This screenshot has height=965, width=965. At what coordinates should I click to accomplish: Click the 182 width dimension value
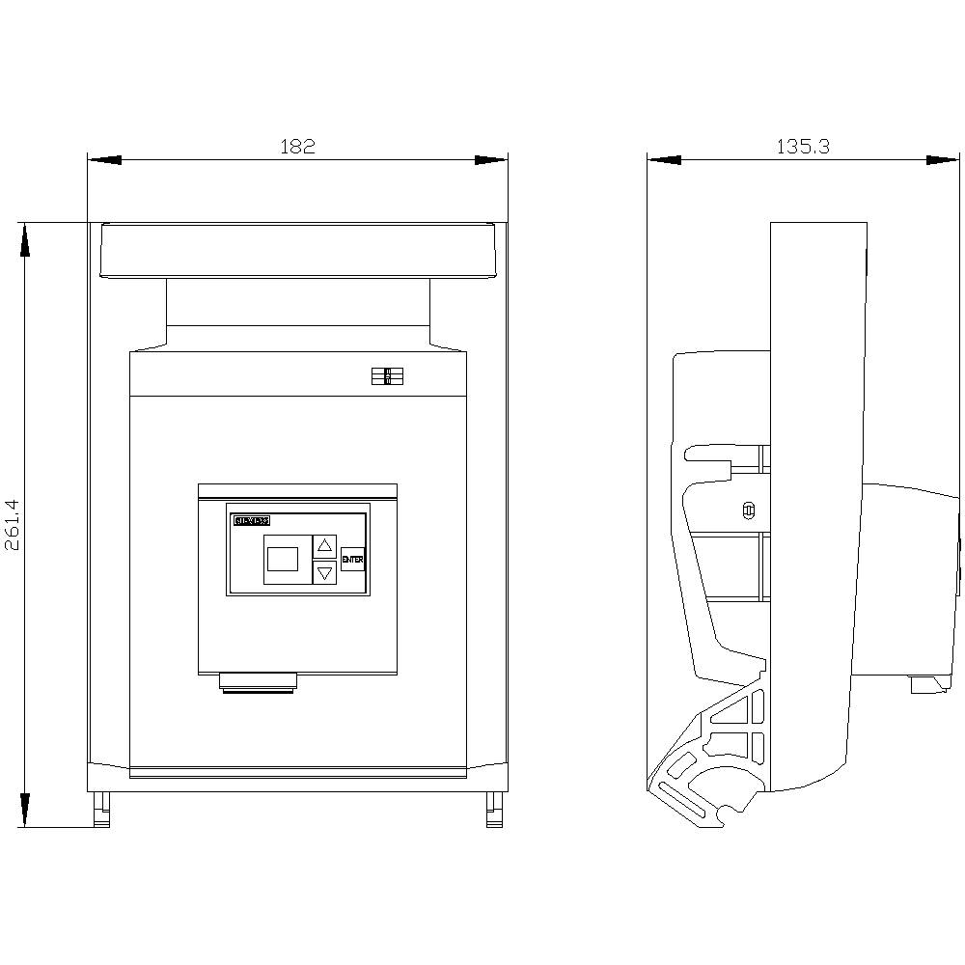click(x=297, y=147)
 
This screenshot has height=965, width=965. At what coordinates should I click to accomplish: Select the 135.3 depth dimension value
click(x=803, y=147)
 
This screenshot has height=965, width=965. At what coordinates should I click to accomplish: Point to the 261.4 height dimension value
click(x=12, y=525)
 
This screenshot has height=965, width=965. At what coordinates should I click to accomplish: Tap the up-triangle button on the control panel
click(x=325, y=544)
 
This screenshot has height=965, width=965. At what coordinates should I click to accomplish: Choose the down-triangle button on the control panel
click(x=325, y=572)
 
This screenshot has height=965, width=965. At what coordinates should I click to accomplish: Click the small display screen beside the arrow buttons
click(x=283, y=559)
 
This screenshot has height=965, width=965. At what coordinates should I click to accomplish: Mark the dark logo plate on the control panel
click(x=252, y=520)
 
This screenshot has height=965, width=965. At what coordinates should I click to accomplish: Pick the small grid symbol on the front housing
click(x=387, y=377)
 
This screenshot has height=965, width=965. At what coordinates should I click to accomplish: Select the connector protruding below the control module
click(x=259, y=683)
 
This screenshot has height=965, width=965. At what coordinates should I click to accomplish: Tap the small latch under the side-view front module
click(x=927, y=684)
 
